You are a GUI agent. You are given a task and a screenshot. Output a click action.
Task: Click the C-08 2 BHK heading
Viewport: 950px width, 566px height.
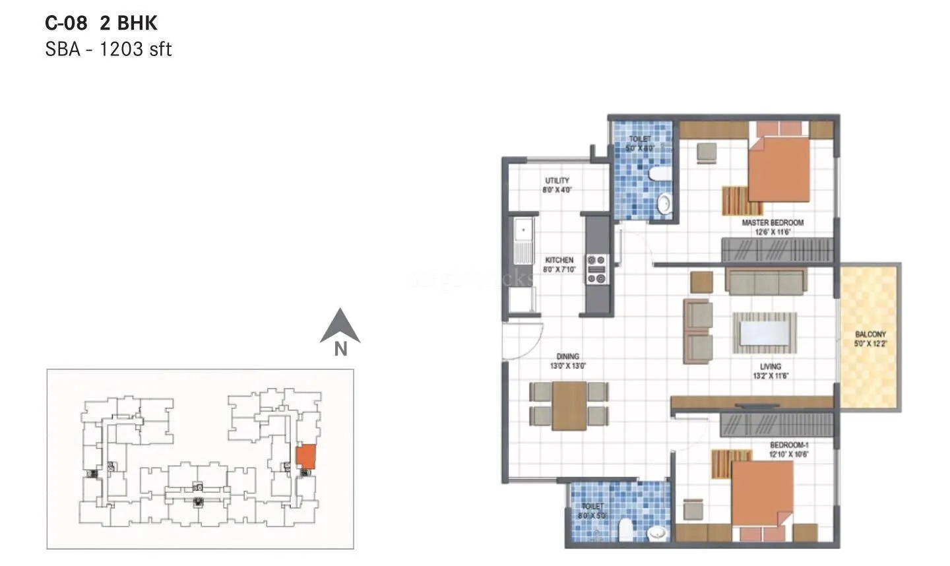coord(101,23)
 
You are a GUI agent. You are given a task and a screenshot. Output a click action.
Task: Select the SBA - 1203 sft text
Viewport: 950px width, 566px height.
coord(108,49)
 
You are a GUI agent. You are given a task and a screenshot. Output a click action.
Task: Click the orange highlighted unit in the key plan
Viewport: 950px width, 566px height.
coord(305,456)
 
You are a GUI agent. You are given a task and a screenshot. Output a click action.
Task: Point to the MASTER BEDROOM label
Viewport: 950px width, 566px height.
coord(773,223)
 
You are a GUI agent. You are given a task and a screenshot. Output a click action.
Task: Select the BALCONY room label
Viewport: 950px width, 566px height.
coord(870,334)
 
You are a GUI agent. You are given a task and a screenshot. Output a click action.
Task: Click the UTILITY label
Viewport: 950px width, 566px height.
coord(557,181)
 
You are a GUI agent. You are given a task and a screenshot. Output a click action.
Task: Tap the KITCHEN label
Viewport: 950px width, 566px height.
coord(559,260)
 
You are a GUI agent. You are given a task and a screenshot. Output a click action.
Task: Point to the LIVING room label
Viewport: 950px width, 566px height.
coord(770,366)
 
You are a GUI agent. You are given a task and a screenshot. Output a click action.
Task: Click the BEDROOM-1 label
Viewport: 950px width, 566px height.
coord(788,445)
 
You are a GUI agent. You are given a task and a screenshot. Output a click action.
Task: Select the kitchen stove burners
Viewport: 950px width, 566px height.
coord(597,269)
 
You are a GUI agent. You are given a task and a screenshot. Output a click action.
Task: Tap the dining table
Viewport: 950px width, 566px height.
coord(569,406)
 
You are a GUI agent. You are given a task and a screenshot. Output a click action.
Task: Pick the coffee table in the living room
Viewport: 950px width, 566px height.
coord(764,332)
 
